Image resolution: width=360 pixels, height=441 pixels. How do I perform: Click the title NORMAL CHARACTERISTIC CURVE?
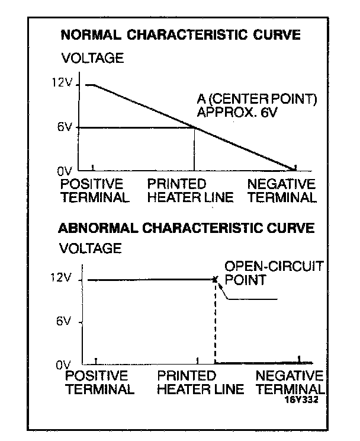(x=180, y=35)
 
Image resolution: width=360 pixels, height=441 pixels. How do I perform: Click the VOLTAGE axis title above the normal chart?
(x=92, y=58)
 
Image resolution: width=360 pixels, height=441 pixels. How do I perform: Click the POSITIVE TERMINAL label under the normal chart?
(x=94, y=190)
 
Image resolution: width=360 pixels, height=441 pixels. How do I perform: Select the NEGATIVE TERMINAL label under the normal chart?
(x=281, y=190)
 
